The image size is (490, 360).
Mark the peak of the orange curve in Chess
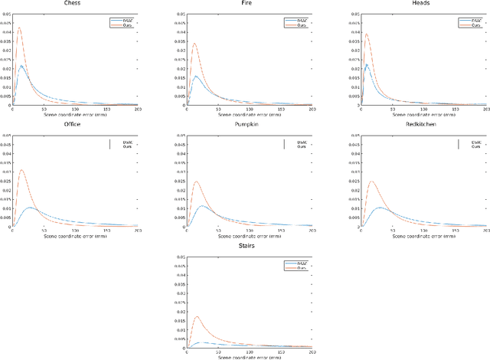tap(19, 29)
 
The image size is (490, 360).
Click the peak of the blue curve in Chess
tap(22, 66)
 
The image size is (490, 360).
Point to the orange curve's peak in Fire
tap(194, 43)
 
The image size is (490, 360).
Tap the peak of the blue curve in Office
tap(30, 208)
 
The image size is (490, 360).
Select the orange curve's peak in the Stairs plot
tap(197, 316)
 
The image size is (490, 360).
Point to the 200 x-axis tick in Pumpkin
tap(311, 230)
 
